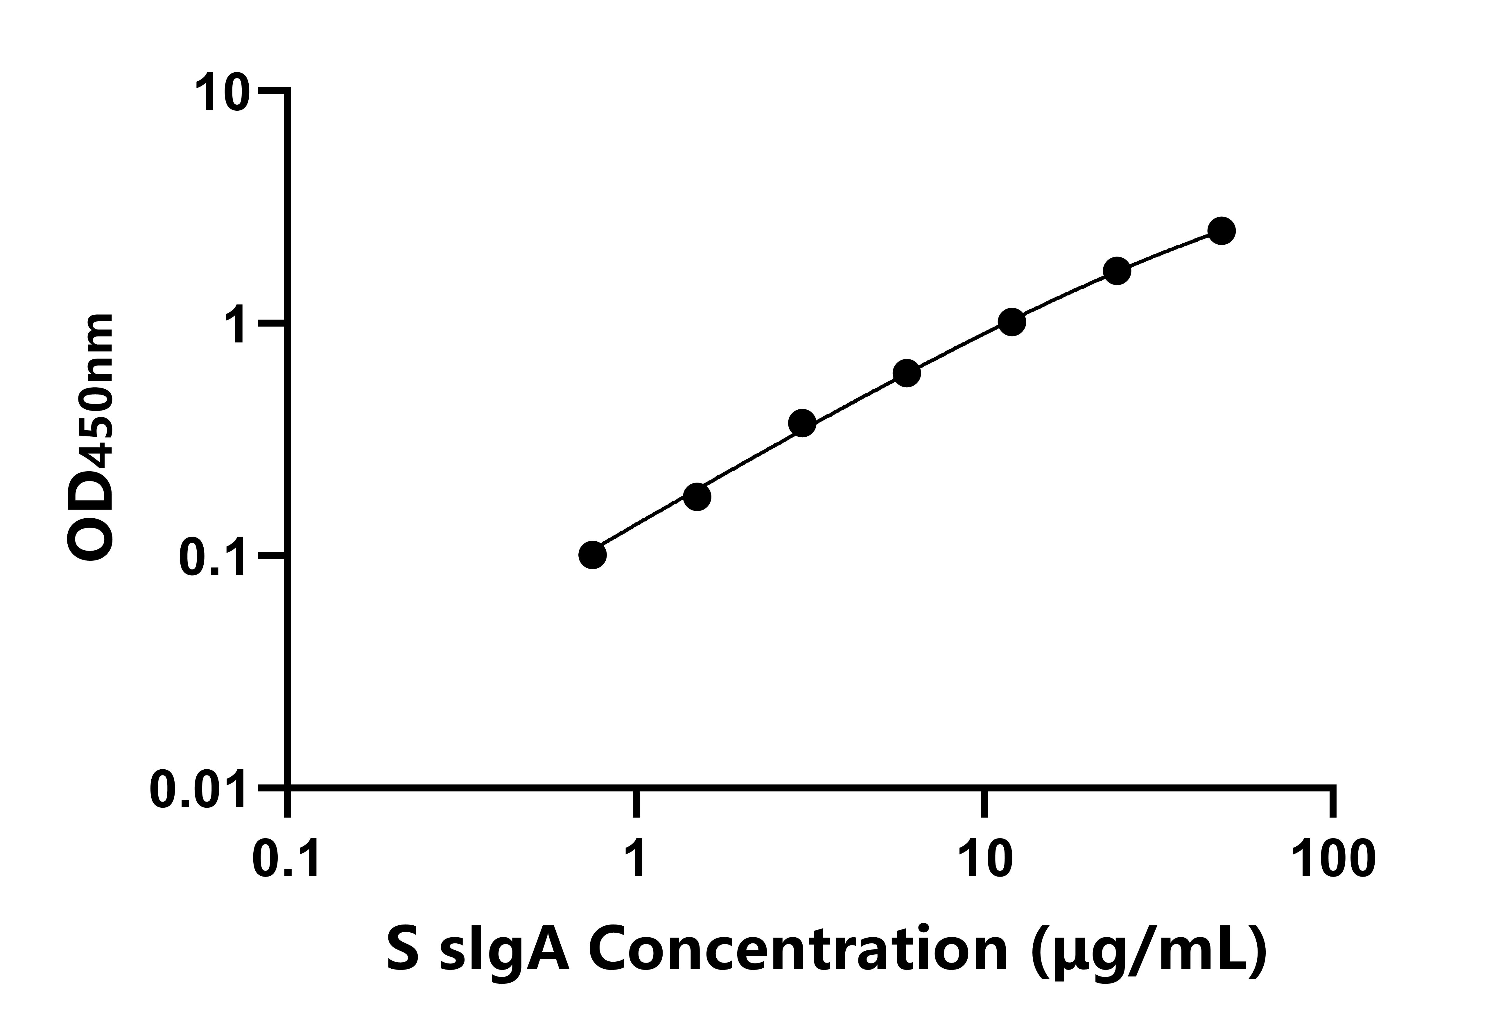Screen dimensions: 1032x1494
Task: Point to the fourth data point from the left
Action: tap(907, 373)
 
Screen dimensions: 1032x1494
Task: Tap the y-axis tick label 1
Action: tap(235, 325)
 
